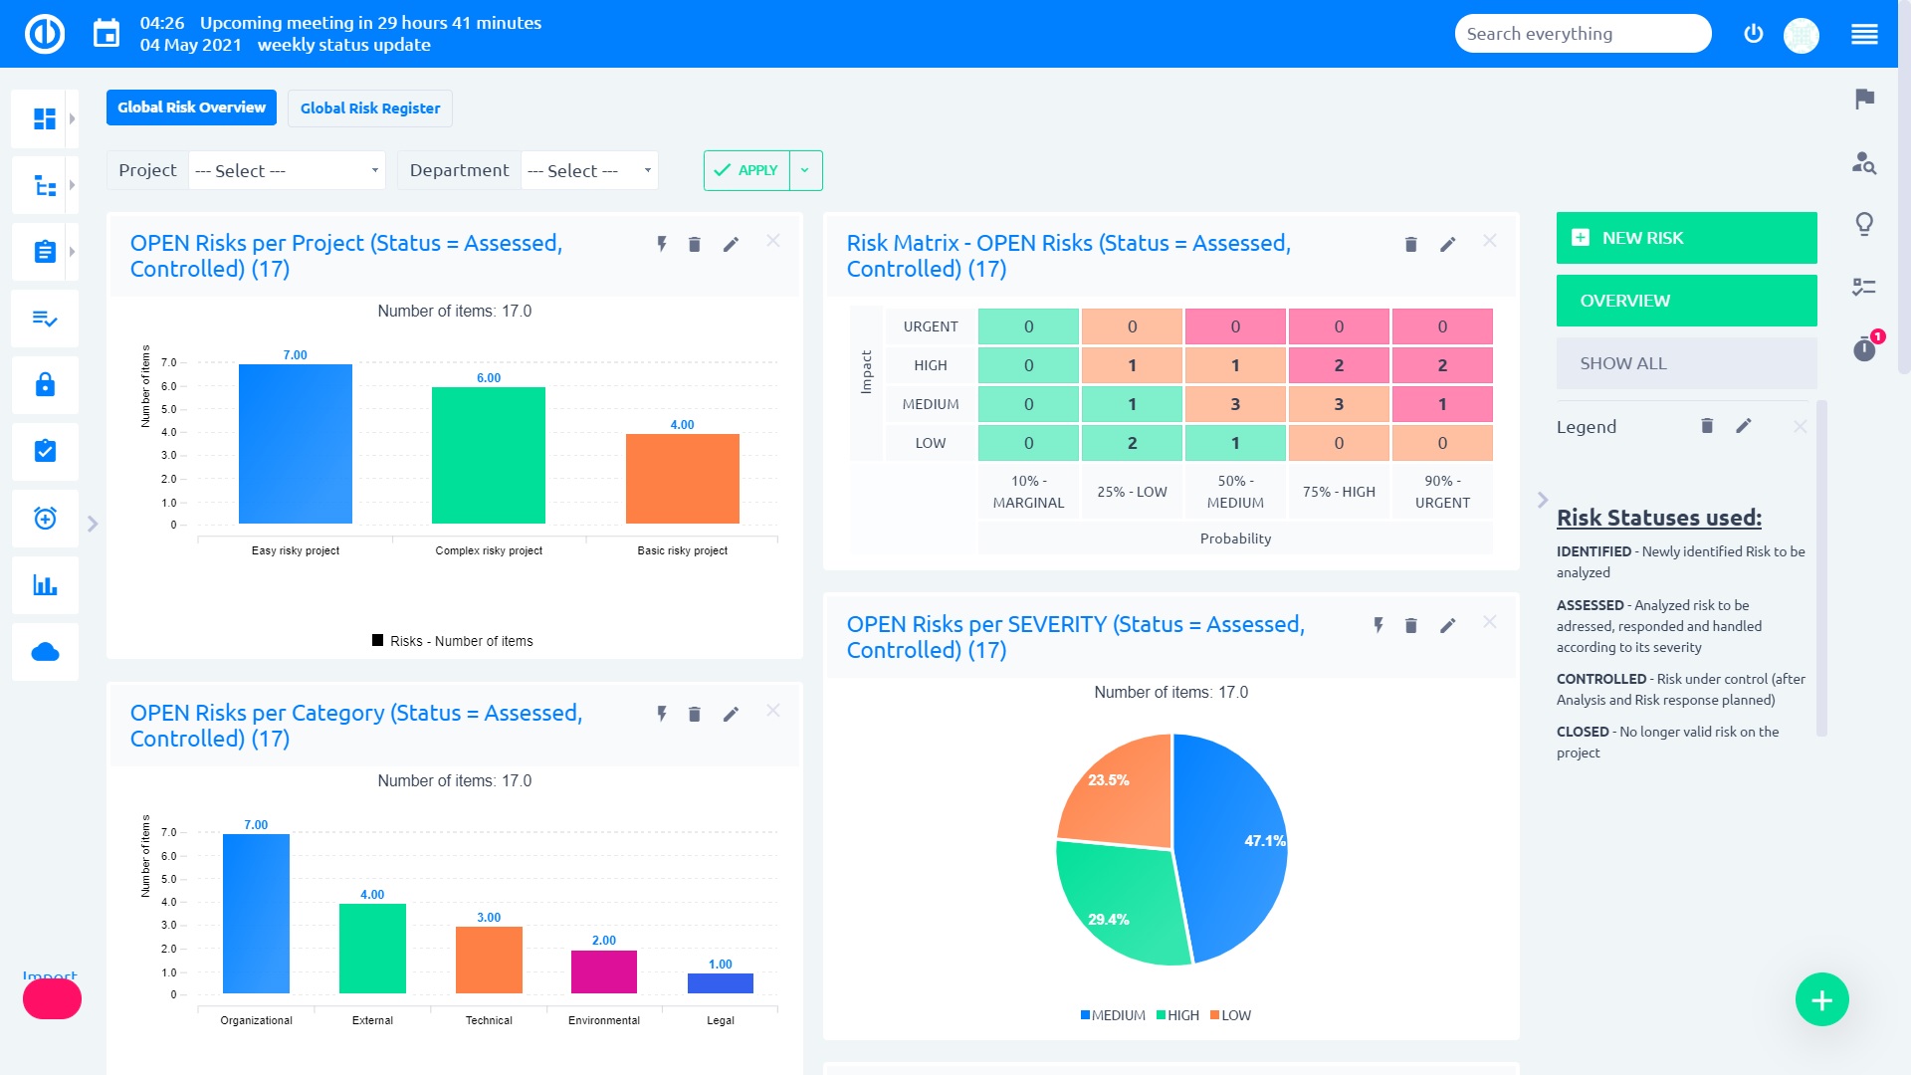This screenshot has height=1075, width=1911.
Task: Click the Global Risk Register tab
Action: tap(369, 108)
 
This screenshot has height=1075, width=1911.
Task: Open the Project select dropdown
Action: tap(287, 170)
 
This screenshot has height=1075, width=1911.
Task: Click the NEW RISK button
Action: tap(1686, 238)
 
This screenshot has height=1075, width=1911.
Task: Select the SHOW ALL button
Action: tap(1686, 363)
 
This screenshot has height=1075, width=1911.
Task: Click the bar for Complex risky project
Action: tap(488, 456)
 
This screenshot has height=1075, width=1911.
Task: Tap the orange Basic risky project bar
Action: tap(682, 479)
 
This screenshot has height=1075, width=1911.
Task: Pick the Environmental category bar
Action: tap(603, 972)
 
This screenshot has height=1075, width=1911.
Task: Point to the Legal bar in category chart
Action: tap(720, 983)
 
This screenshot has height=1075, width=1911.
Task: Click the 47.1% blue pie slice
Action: tap(1234, 846)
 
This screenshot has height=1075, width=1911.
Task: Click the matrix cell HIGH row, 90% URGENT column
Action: tap(1441, 365)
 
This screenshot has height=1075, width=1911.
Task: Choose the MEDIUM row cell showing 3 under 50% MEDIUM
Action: tap(1234, 404)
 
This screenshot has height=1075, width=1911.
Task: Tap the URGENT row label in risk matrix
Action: tap(930, 326)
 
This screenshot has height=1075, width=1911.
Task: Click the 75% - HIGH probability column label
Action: tap(1338, 492)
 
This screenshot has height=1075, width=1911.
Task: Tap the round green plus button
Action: tap(1821, 999)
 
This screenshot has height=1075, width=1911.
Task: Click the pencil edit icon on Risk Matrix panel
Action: tap(1447, 244)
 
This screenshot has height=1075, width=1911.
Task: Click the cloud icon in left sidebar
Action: tap(45, 652)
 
